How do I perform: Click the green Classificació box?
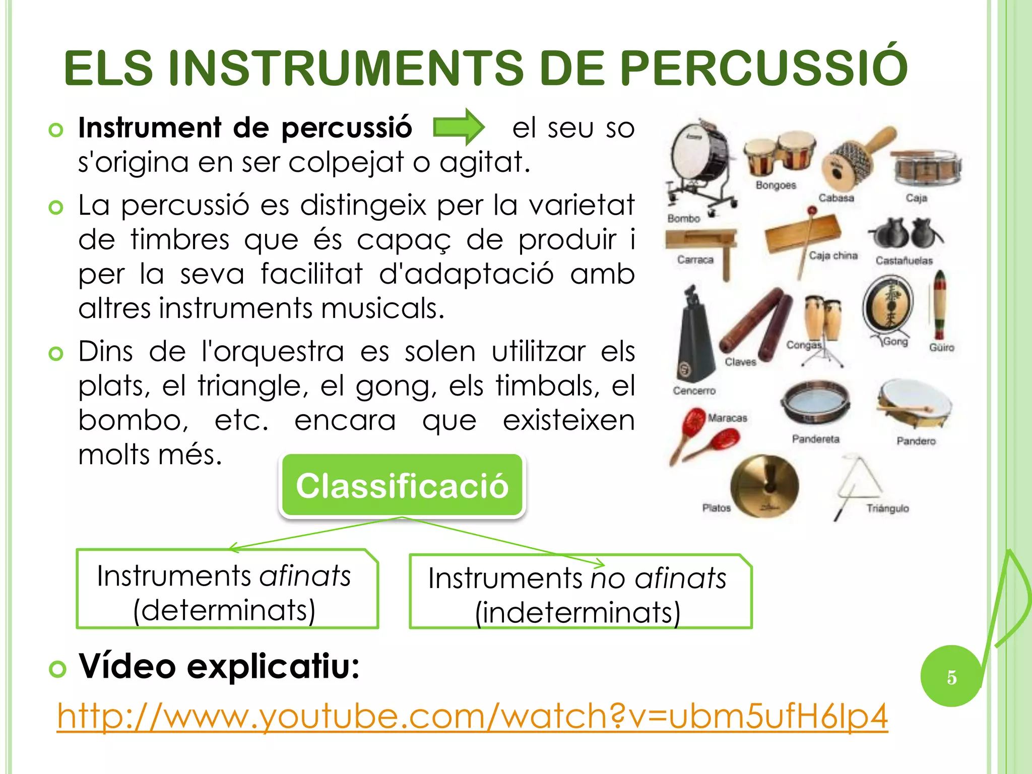pyautogui.click(x=402, y=486)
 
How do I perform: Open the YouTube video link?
pyautogui.click(x=472, y=716)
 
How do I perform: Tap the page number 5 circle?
pyautogui.click(x=951, y=677)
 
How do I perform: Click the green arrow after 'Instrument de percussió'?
pyautogui.click(x=459, y=127)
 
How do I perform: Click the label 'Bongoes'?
pyautogui.click(x=776, y=185)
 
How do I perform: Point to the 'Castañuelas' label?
pyautogui.click(x=904, y=261)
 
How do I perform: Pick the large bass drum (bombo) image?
pyautogui.click(x=700, y=161)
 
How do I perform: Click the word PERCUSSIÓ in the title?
pyautogui.click(x=763, y=68)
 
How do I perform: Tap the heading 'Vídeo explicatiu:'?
pyautogui.click(x=219, y=666)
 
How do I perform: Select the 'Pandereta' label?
pyautogui.click(x=815, y=439)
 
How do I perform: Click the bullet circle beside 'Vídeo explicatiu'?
pyautogui.click(x=57, y=669)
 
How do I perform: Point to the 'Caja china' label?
pyautogui.click(x=833, y=256)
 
